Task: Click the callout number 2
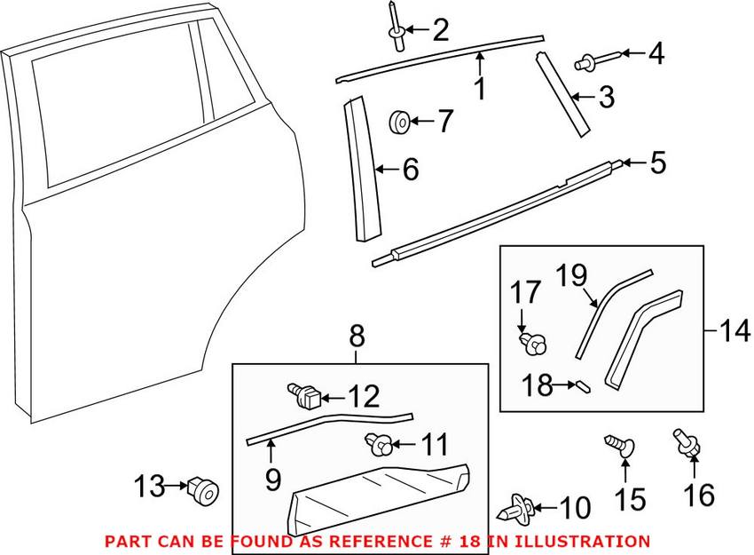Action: pos(439,31)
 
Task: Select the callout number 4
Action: pos(656,53)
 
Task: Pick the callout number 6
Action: pos(410,170)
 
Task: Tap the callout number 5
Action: pos(657,163)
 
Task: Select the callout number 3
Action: pos(605,98)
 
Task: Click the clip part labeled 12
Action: pos(304,395)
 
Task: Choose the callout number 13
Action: pos(150,486)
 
